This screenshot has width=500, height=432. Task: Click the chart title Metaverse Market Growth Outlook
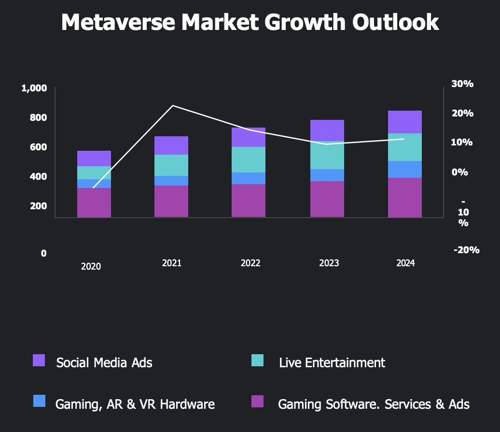pyautogui.click(x=250, y=23)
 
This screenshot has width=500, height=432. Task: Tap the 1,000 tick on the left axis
pyautogui.click(x=34, y=88)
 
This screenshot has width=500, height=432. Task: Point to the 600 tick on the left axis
pyautogui.click(x=37, y=147)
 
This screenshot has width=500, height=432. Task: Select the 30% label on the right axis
pyautogui.click(x=462, y=84)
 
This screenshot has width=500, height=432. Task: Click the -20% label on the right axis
pyautogui.click(x=466, y=250)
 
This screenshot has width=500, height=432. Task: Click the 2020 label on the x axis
pyautogui.click(x=91, y=266)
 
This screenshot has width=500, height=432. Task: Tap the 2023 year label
pyautogui.click(x=329, y=263)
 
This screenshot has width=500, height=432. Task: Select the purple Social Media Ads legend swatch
pyautogui.click(x=39, y=360)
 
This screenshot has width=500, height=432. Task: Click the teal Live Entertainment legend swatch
pyautogui.click(x=258, y=360)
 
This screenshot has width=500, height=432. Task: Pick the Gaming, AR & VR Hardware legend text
pyautogui.click(x=135, y=404)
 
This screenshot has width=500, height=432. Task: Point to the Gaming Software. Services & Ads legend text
pyautogui.click(x=374, y=404)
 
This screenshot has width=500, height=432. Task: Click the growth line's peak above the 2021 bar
pyautogui.click(x=173, y=105)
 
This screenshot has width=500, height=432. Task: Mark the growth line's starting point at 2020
pyautogui.click(x=93, y=187)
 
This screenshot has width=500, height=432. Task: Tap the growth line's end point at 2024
pyautogui.click(x=404, y=139)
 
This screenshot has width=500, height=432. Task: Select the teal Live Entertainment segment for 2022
pyautogui.click(x=248, y=159)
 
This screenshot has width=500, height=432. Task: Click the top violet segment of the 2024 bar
pyautogui.click(x=404, y=122)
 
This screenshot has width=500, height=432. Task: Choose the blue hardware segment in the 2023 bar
pyautogui.click(x=327, y=175)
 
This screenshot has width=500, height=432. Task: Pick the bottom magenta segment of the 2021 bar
pyautogui.click(x=171, y=201)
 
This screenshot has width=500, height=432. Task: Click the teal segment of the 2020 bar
pyautogui.click(x=94, y=173)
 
